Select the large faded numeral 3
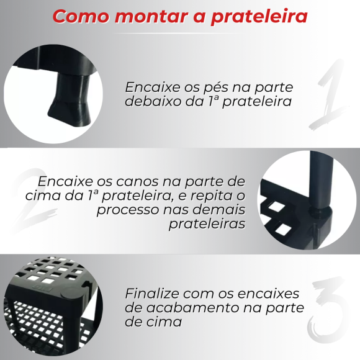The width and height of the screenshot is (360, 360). (x=329, y=307)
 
